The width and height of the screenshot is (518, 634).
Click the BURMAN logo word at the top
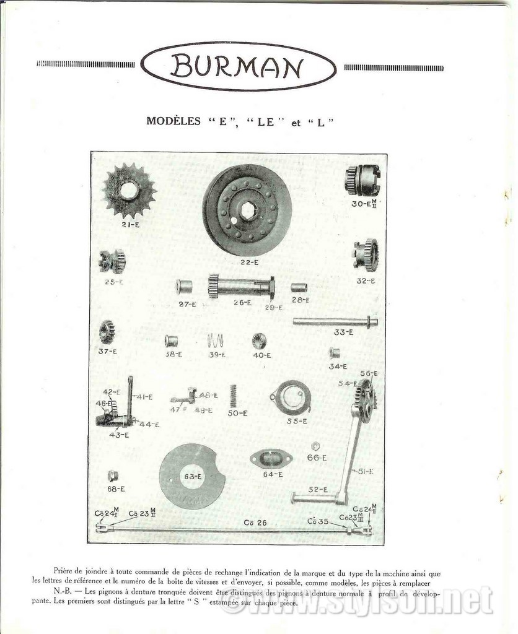pos(239,66)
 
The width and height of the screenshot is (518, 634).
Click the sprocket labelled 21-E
pos(129,189)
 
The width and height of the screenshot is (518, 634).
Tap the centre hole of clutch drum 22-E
pos(248,211)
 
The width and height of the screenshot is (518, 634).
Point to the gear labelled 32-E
pos(366,254)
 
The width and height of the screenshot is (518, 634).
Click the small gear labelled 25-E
pos(113,261)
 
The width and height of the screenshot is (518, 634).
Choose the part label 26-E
pos(242,303)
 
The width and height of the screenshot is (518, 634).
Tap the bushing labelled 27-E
pos(184,287)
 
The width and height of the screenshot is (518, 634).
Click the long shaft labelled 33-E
pos(335,321)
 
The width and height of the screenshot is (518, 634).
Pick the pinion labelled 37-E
pos(107,332)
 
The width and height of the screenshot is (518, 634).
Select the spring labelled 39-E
pos(214,341)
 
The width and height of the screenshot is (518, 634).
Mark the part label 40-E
pos(261,355)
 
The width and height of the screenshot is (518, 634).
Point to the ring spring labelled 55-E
pos(292,397)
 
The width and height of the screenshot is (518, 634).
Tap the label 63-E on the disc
pos(192,477)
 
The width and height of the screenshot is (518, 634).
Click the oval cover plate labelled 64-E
pos(271,459)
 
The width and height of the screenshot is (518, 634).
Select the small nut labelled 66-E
pos(315,446)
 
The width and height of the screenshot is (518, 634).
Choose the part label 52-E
pos(318,489)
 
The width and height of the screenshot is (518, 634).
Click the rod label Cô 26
pos(255,523)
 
